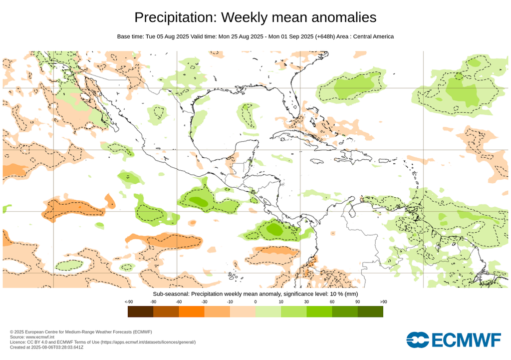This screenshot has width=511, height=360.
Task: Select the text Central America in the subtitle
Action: (373, 36)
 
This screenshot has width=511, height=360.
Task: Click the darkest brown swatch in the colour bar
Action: (140, 312)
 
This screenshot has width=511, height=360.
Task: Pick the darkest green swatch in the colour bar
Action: (370, 312)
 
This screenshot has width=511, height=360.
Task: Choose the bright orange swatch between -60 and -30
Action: (192, 312)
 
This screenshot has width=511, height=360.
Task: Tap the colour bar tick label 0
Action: (255, 302)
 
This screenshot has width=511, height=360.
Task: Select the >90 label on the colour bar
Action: (383, 302)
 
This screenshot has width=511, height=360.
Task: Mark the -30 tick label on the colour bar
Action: (204, 302)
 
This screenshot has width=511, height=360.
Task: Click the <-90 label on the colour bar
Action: (128, 302)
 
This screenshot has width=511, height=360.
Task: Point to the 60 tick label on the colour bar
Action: (332, 302)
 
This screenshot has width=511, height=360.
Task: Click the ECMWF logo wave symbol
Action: (418, 340)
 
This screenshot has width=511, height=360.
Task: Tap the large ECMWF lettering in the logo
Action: (466, 340)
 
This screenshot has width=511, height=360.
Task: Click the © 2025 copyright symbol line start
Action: (12, 332)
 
